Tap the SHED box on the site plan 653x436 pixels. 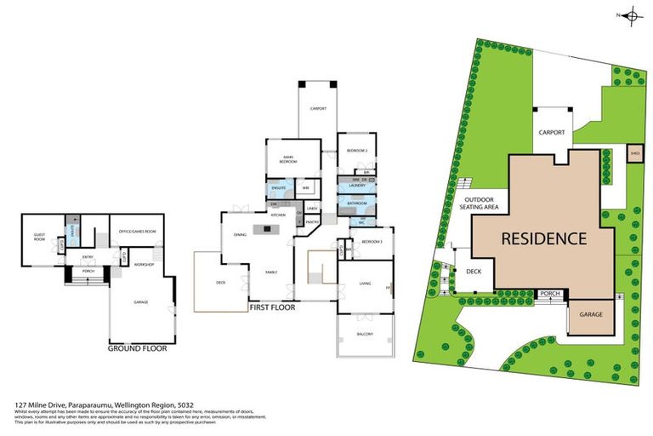(633, 153)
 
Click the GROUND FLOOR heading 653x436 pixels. (137, 348)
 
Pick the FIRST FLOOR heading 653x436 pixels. (272, 307)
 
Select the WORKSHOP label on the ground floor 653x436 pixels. (142, 264)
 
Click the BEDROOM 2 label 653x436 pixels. (355, 151)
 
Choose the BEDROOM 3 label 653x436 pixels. (372, 243)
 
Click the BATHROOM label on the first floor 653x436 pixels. (356, 204)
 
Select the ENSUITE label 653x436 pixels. (277, 187)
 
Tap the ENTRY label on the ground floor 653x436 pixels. (88, 255)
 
